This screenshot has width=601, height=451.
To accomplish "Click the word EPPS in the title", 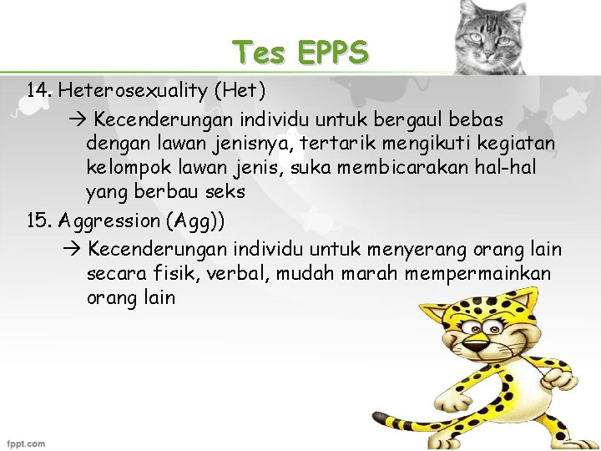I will [x=331, y=53].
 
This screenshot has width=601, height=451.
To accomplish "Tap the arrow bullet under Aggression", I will [x=71, y=249].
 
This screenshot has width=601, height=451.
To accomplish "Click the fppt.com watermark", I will [x=26, y=443].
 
